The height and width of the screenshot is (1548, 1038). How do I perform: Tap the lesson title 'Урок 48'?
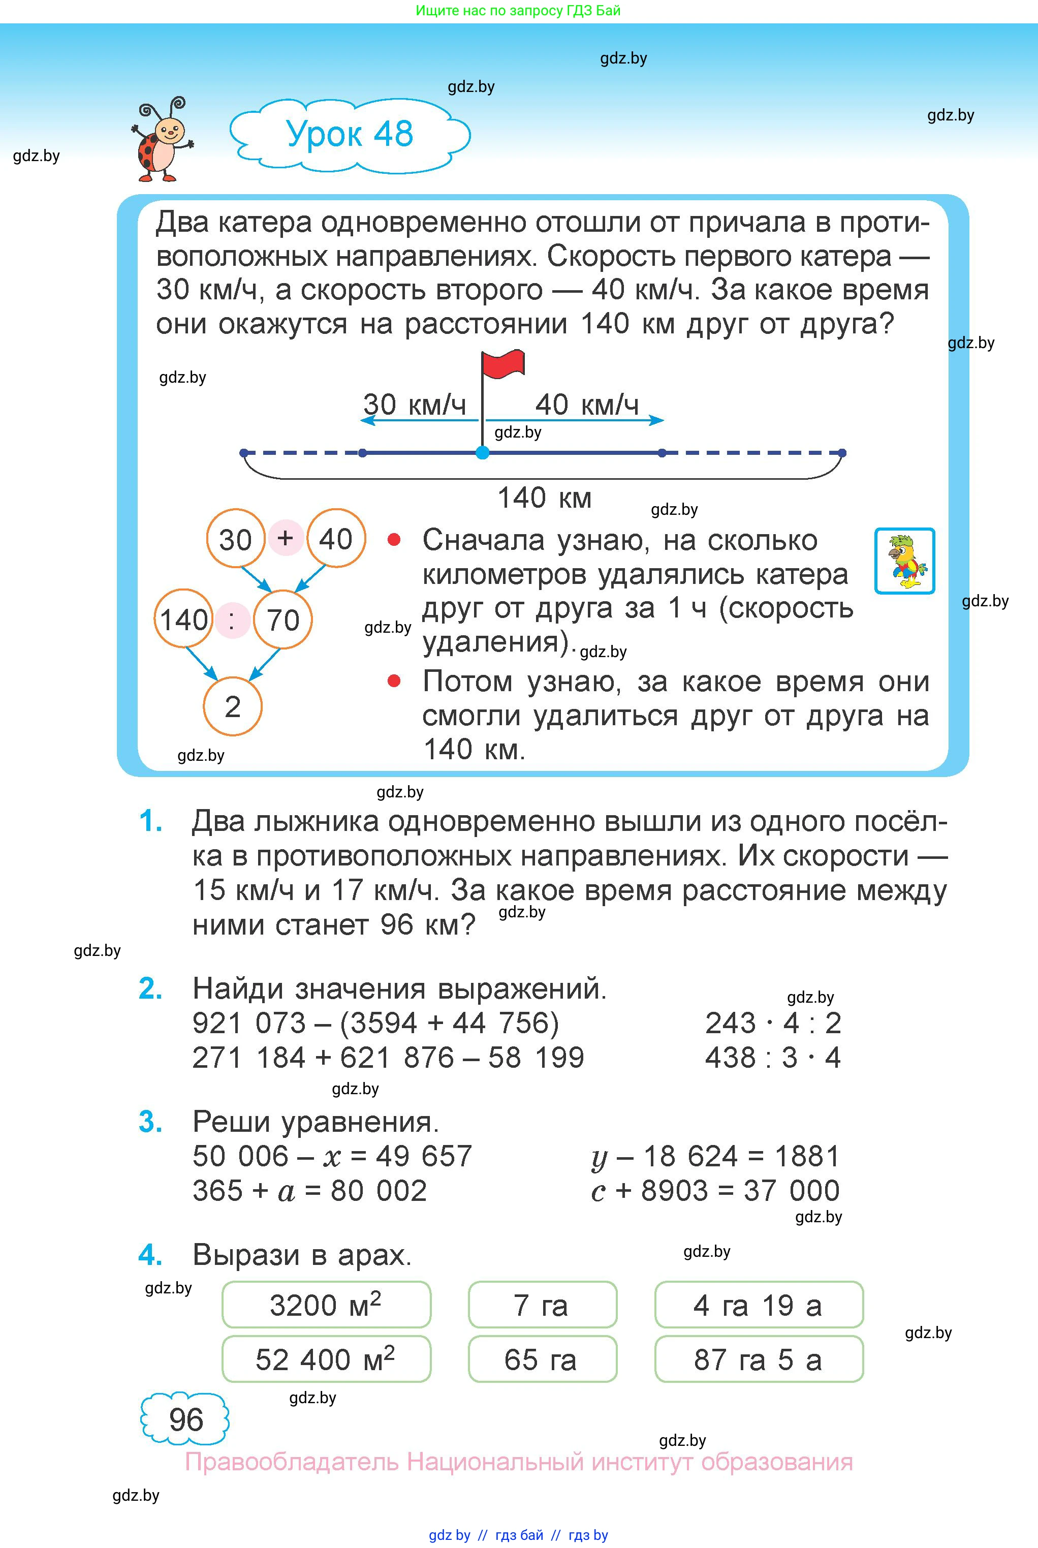click(x=350, y=134)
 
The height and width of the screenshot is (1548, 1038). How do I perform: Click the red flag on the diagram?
click(x=502, y=365)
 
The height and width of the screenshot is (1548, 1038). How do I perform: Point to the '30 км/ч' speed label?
click(x=415, y=405)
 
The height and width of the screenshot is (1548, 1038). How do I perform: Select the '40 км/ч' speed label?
click(x=586, y=405)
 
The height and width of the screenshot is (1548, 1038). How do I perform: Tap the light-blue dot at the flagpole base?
click(x=483, y=453)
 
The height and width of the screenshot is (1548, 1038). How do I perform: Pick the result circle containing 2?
click(x=232, y=706)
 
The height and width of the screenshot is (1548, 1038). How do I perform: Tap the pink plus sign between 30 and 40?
click(x=286, y=538)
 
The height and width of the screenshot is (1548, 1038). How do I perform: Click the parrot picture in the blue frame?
click(x=904, y=561)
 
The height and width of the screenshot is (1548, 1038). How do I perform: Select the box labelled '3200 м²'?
click(x=326, y=1305)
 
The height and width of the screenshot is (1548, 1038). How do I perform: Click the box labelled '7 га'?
click(x=542, y=1305)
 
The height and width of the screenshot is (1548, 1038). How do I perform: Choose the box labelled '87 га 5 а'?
click(x=759, y=1359)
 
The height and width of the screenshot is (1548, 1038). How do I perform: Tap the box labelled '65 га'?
click(x=542, y=1359)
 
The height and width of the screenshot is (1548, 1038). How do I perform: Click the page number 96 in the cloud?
click(x=186, y=1419)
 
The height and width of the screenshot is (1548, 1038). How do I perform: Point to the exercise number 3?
click(x=151, y=1122)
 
